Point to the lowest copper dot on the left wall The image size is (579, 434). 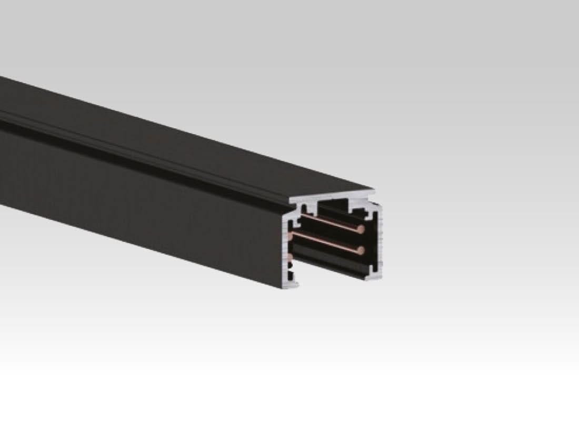click(x=289, y=257)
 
